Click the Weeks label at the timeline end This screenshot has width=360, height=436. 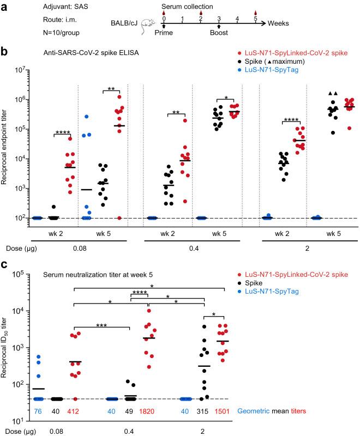pos(279,24)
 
